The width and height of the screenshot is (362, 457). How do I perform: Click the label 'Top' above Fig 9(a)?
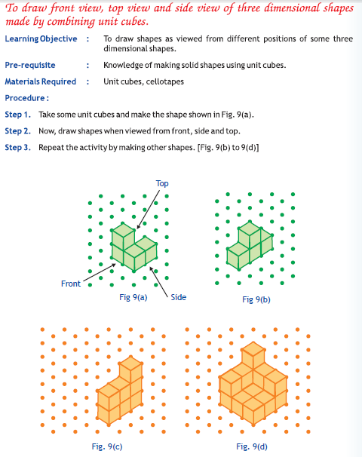pyautogui.click(x=162, y=183)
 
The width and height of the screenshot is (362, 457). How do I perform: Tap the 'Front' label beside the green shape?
pyautogui.click(x=71, y=284)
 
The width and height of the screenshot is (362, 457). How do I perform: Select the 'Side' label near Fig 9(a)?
pyautogui.click(x=178, y=297)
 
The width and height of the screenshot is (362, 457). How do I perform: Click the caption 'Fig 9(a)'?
pyautogui.click(x=133, y=297)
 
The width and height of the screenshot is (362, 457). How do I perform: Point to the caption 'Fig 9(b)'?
pyautogui.click(x=256, y=299)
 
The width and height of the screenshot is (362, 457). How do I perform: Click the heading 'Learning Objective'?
pyautogui.click(x=41, y=38)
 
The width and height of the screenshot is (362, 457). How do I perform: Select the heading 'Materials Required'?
pyautogui.click(x=41, y=81)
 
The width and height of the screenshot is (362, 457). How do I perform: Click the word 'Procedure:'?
pyautogui.click(x=27, y=98)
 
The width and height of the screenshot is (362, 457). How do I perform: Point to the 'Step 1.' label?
pyautogui.click(x=18, y=115)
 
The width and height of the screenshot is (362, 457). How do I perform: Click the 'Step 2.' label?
pyautogui.click(x=18, y=131)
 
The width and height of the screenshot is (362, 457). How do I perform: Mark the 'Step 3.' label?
pyautogui.click(x=18, y=147)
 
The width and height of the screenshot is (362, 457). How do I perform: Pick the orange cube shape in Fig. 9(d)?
pyautogui.click(x=252, y=385)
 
